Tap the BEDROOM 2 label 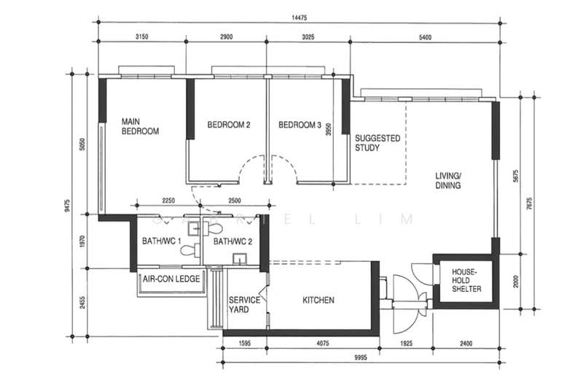[x=229, y=125]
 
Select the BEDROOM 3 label [x=300, y=125]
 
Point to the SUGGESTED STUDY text [x=377, y=142]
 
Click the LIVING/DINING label [x=449, y=181]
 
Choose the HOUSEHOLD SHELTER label [x=462, y=280]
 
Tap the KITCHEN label [x=318, y=300]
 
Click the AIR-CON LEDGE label [x=171, y=279]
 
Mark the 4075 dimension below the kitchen [x=323, y=342]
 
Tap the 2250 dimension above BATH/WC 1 [x=168, y=200]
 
